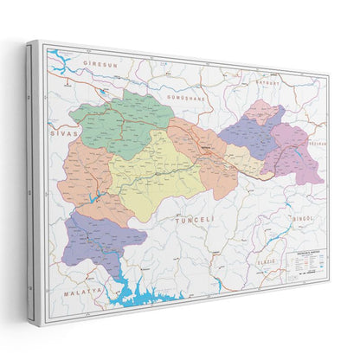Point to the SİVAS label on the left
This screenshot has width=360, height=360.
click(x=65, y=133)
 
